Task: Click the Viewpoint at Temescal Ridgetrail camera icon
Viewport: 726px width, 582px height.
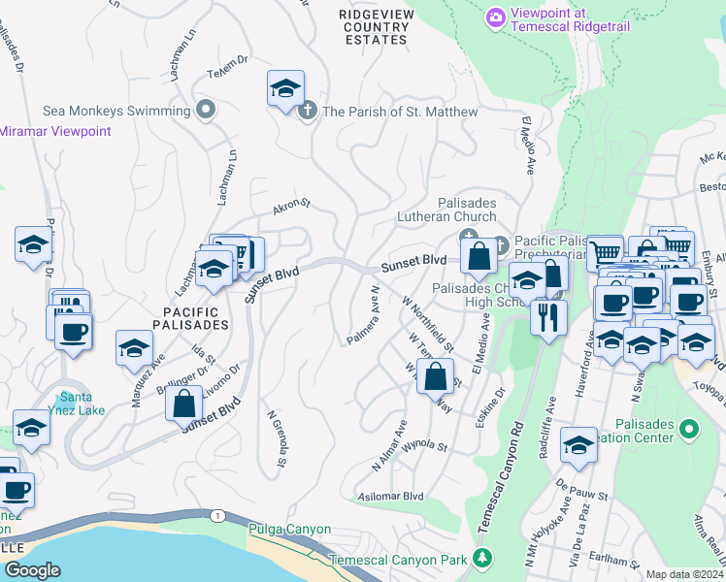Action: click(x=496, y=17)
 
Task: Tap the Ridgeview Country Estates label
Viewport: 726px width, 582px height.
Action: click(x=376, y=26)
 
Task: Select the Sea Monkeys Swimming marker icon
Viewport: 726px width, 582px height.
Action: click(x=205, y=111)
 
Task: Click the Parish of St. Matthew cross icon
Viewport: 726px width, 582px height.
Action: click(x=308, y=111)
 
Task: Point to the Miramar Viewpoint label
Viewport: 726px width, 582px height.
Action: click(x=55, y=131)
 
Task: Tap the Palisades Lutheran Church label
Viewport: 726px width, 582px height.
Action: click(x=445, y=210)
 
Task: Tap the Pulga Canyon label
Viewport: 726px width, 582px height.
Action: click(x=290, y=530)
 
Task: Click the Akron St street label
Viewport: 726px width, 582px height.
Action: click(x=290, y=205)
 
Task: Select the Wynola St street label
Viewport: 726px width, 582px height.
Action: click(x=423, y=447)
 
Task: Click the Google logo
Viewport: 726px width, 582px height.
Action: click(x=34, y=569)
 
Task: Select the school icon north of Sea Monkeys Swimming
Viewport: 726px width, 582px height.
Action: click(x=285, y=88)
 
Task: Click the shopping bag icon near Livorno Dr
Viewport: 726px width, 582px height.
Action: click(x=183, y=403)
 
